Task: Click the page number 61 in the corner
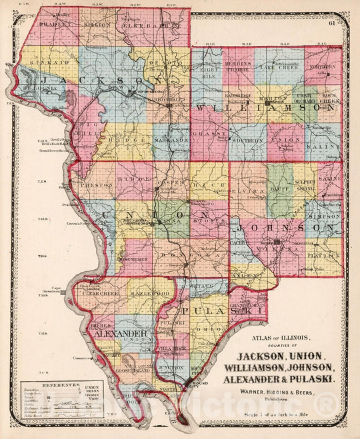pos(331,24)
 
